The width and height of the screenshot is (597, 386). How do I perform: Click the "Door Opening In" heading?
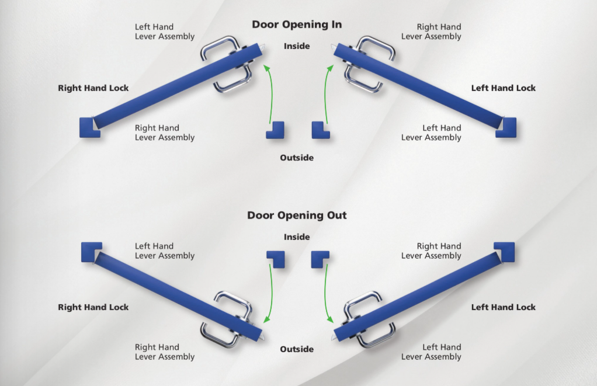click(297, 25)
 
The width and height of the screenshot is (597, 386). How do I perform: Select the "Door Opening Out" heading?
click(297, 215)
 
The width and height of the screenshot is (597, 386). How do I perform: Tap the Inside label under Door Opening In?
click(297, 46)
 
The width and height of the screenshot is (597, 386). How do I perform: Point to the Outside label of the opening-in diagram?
click(297, 158)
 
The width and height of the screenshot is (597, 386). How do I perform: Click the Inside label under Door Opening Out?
click(297, 237)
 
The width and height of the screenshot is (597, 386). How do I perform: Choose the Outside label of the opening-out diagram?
click(297, 349)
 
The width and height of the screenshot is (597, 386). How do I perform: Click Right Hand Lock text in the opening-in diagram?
click(93, 88)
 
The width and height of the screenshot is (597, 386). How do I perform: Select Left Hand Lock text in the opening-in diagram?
click(503, 88)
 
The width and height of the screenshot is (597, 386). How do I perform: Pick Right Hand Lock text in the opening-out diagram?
click(93, 307)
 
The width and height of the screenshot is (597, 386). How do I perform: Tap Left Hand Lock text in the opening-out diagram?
click(503, 307)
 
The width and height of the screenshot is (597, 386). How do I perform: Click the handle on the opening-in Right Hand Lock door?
click(227, 64)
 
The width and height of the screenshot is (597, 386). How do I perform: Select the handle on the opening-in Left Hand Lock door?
click(369, 64)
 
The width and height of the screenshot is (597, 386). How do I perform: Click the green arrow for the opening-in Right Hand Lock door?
click(267, 93)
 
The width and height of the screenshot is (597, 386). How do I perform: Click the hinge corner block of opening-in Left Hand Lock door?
click(506, 127)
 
